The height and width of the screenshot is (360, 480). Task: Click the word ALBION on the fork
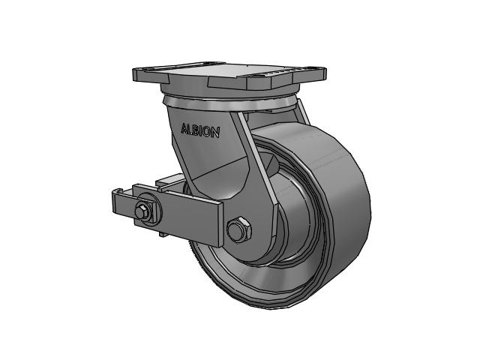(x=200, y=130)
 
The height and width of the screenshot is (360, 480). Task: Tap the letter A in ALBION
(x=184, y=128)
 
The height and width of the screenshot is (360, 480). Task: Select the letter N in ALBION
(x=216, y=133)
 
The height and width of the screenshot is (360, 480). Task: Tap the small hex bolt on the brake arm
(x=142, y=211)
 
